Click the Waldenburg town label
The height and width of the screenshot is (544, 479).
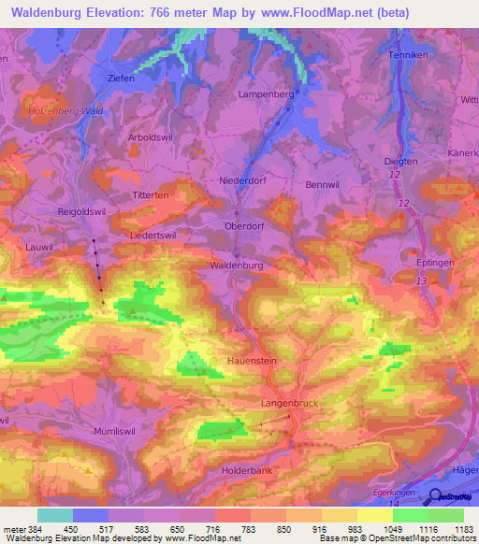236,265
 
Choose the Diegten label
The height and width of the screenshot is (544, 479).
401,162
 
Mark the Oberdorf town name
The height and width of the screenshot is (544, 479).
246,225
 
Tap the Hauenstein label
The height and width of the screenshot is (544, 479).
252,360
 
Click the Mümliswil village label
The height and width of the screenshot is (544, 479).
117,432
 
